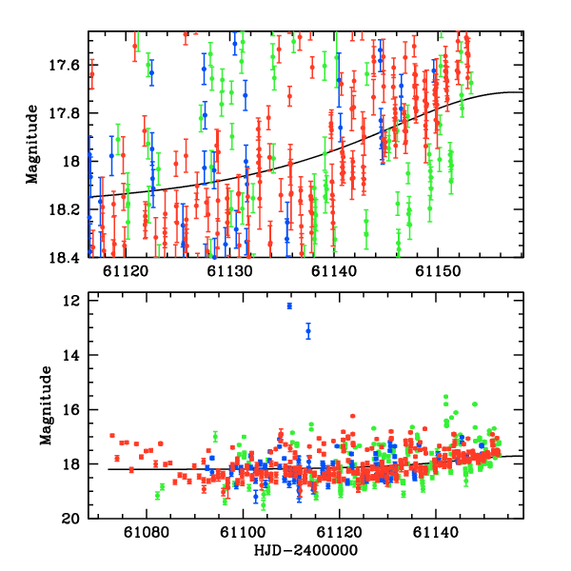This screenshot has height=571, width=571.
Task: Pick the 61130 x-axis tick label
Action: [x=229, y=271]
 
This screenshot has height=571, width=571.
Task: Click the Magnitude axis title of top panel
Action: [x=32, y=145]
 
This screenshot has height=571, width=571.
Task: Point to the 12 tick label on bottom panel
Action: [x=69, y=301]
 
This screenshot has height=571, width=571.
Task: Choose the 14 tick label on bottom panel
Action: [x=69, y=355]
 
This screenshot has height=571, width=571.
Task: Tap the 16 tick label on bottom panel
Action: [x=69, y=410]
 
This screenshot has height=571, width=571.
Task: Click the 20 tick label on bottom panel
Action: [x=69, y=520]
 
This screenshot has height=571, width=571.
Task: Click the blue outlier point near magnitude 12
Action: [x=289, y=305]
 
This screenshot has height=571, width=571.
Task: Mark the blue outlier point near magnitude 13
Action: [x=308, y=331]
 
